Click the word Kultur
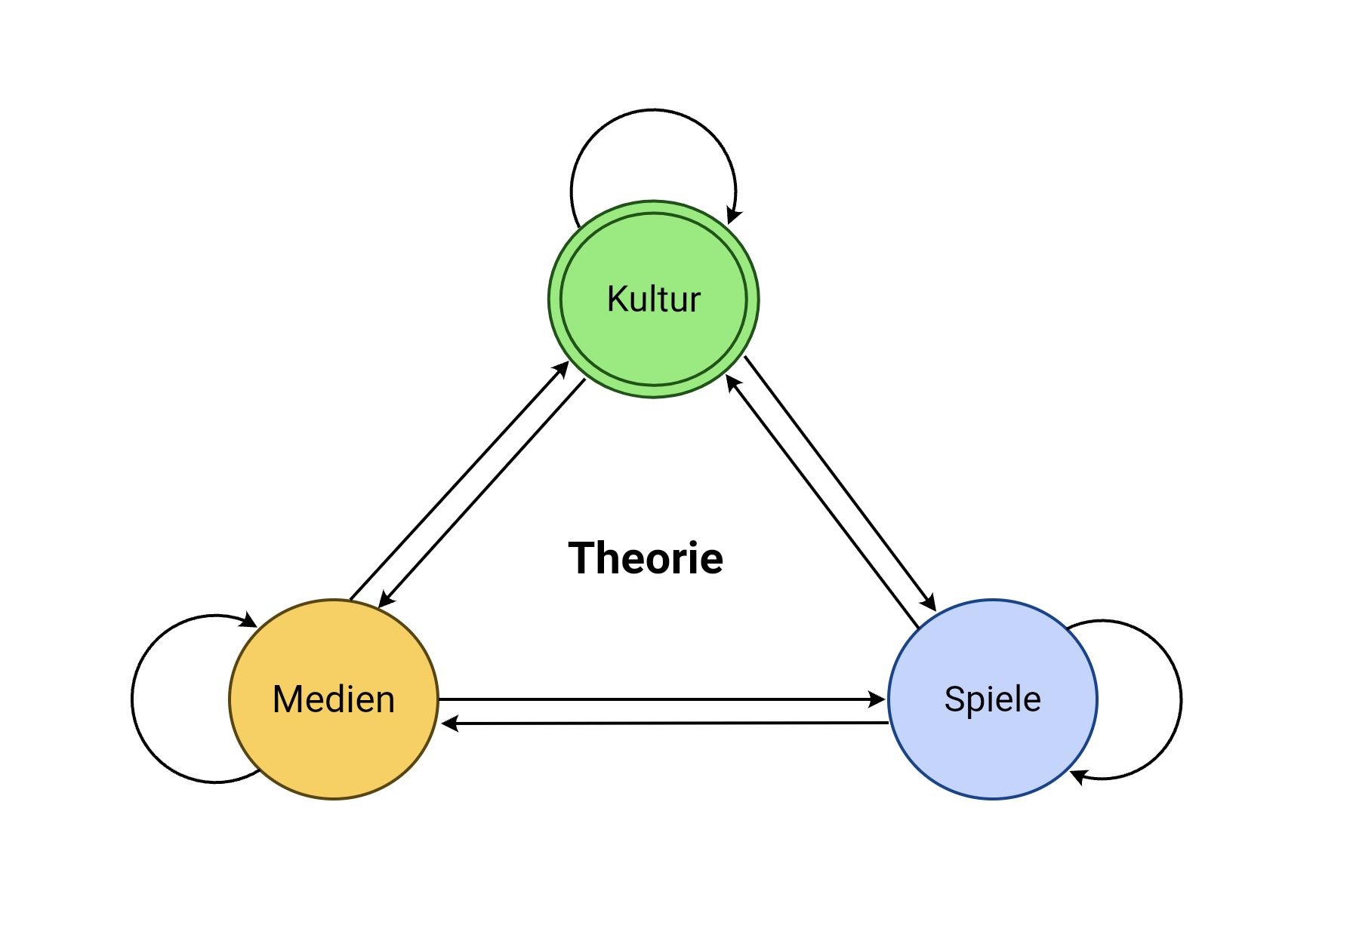(654, 300)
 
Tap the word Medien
(334, 699)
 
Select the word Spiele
(992, 699)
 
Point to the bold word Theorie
(646, 558)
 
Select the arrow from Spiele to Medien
(664, 724)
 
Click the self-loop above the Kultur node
(654, 110)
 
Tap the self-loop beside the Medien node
(133, 699)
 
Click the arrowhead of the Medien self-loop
(248, 621)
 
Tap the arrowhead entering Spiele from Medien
(877, 699)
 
